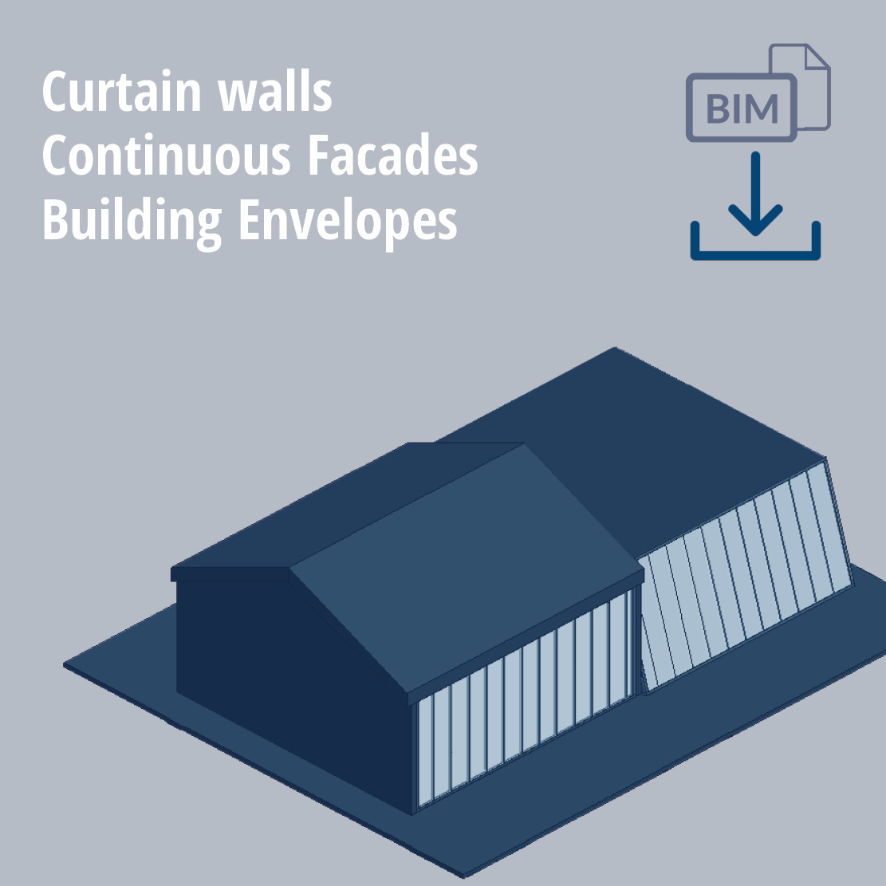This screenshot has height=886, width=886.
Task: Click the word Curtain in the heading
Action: click(121, 91)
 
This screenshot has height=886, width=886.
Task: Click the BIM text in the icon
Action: click(742, 108)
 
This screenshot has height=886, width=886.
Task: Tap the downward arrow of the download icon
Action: click(755, 193)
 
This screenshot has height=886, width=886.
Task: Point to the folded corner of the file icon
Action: click(817, 57)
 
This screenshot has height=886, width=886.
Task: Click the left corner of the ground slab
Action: click(64, 665)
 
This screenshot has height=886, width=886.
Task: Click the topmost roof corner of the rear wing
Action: click(616, 348)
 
